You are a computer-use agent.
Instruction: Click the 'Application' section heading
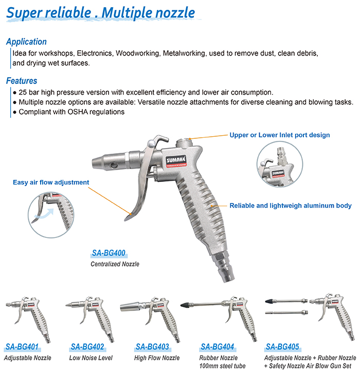[x=26, y=42]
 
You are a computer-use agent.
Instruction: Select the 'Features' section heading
[x=22, y=81]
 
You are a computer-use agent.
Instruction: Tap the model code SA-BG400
[x=108, y=253]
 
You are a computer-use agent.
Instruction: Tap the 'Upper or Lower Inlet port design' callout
[x=280, y=135]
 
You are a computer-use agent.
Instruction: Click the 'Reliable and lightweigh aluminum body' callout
[x=291, y=206]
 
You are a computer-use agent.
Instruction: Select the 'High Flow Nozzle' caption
[x=157, y=358]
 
